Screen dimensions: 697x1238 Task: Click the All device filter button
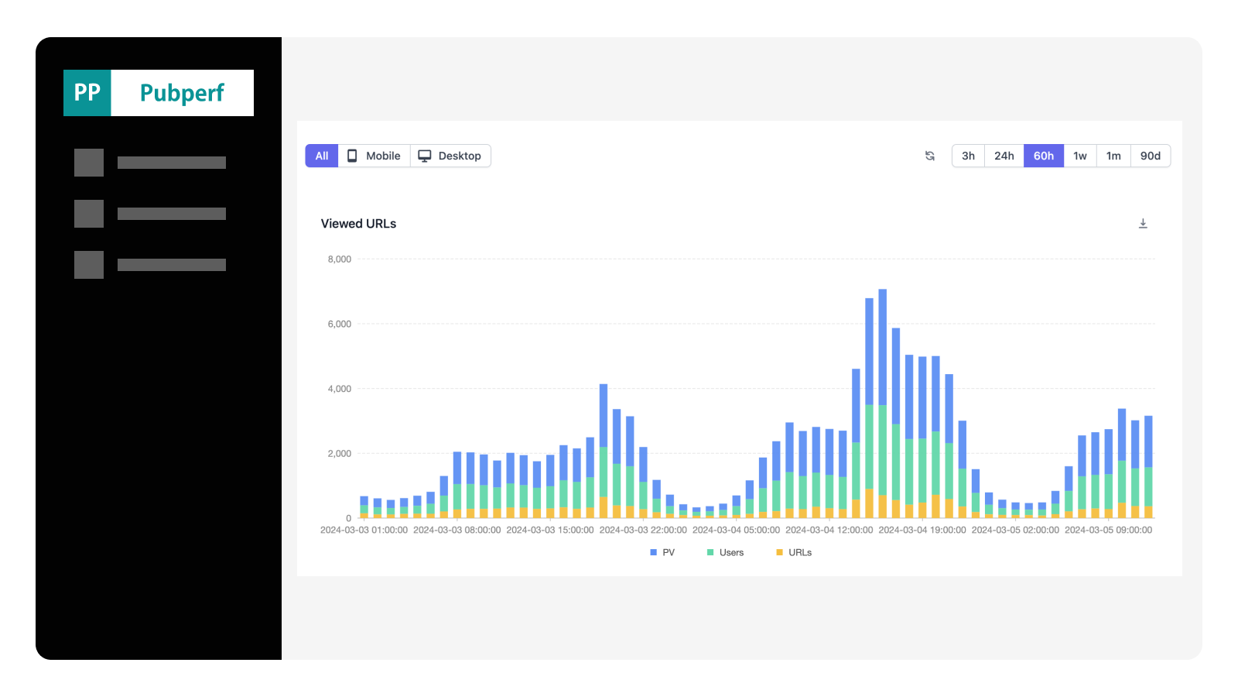(x=322, y=156)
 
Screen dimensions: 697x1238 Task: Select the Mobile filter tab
(x=374, y=156)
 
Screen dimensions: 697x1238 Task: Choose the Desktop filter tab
(x=450, y=156)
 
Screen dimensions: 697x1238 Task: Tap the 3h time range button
(x=968, y=156)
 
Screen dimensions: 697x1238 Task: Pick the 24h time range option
(x=1004, y=156)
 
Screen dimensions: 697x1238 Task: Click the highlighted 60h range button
(x=1043, y=156)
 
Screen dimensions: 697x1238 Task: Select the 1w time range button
(x=1079, y=156)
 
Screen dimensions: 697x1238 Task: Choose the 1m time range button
(x=1113, y=156)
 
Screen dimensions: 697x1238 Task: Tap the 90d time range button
(x=1150, y=156)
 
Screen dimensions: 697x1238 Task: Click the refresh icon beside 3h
(x=930, y=156)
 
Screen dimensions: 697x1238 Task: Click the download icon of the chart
(x=1143, y=224)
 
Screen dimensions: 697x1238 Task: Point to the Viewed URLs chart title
(x=358, y=224)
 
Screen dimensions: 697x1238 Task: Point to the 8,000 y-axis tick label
(x=339, y=259)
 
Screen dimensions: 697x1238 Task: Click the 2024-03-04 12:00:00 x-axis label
(x=829, y=530)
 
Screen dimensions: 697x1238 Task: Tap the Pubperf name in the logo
(x=182, y=93)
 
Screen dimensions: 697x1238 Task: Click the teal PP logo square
(x=87, y=93)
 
